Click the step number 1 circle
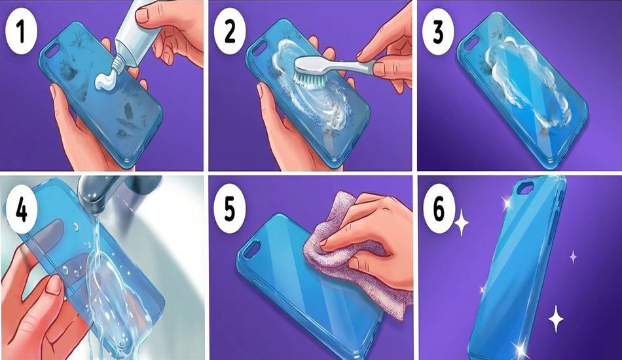22,32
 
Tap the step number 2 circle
230,32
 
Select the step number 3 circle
438,32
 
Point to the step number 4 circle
22,209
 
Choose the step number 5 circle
230,209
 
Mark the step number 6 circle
439,209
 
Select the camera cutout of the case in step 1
52,49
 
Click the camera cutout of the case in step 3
471,43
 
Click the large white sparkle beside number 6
462,223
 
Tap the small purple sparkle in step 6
573,257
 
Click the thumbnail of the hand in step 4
54,284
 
